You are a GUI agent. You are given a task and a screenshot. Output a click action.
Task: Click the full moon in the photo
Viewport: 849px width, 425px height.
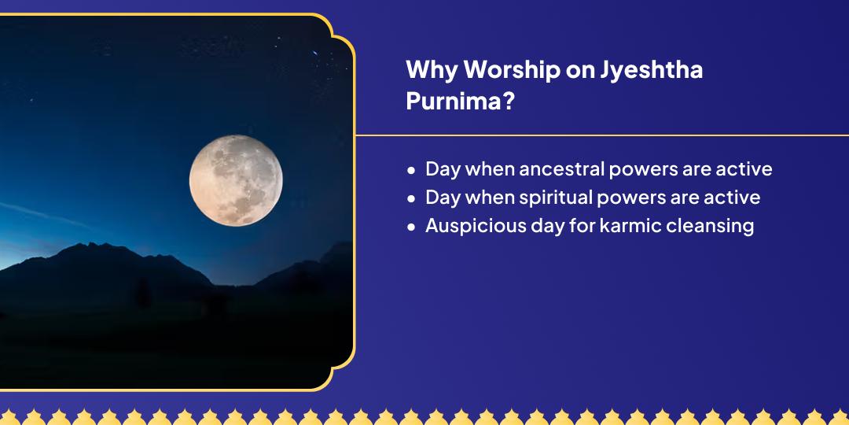pyautogui.click(x=236, y=180)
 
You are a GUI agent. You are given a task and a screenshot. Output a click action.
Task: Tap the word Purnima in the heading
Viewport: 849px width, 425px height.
pyautogui.click(x=454, y=102)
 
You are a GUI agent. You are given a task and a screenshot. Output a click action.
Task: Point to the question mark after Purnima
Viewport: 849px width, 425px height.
pyautogui.click(x=507, y=102)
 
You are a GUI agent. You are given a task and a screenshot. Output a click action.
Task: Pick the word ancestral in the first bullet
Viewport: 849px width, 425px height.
pyautogui.click(x=561, y=169)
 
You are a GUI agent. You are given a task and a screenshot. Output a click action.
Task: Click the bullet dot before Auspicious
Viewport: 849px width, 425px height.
pyautogui.click(x=411, y=227)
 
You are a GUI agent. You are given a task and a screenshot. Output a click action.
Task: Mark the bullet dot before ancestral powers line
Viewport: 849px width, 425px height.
pyautogui.click(x=411, y=170)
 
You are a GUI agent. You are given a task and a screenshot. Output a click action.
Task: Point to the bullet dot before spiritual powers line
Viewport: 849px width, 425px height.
pyautogui.click(x=411, y=199)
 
